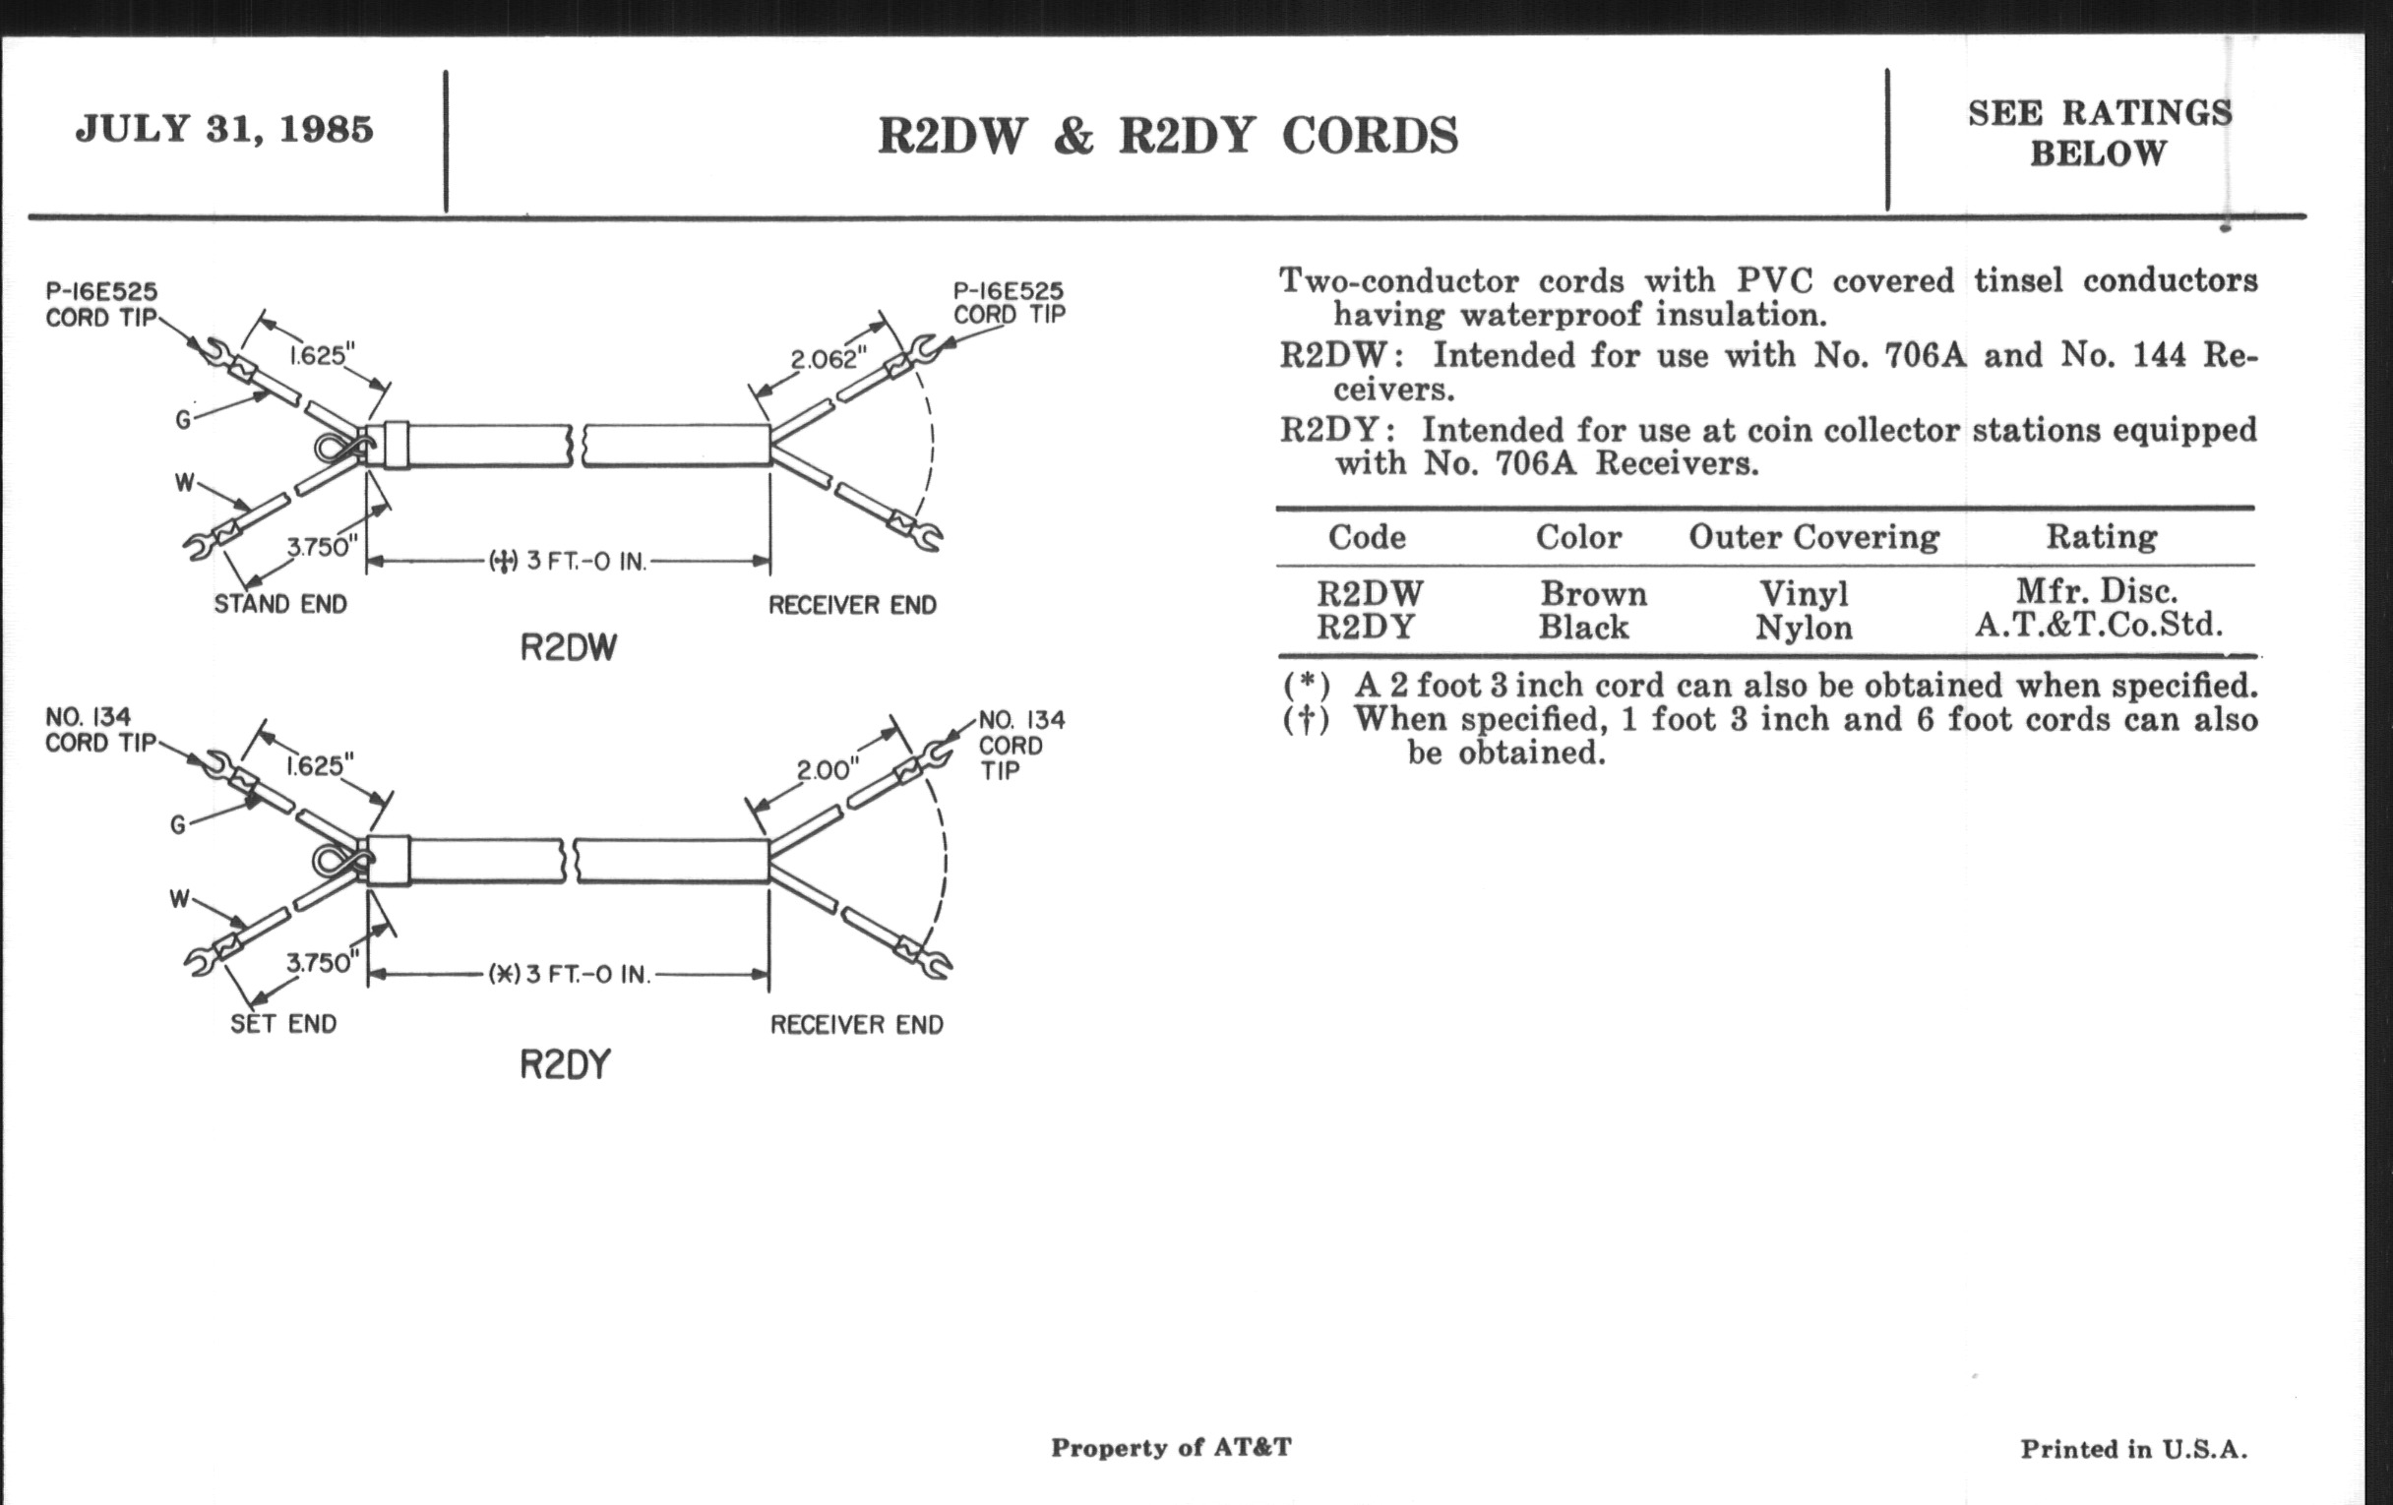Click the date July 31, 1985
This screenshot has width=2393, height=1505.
click(224, 129)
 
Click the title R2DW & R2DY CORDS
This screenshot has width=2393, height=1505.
click(1168, 136)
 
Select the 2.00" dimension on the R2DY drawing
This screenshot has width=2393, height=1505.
click(827, 770)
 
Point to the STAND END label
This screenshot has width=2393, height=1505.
click(280, 604)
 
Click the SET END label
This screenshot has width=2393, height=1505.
click(283, 1023)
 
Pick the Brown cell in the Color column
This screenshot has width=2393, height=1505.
click(1593, 594)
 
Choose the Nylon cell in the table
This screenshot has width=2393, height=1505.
click(1803, 628)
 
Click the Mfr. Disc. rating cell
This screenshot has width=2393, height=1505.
click(2097, 592)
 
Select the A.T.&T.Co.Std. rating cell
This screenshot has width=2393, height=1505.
click(2098, 625)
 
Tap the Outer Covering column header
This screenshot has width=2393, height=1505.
click(1813, 537)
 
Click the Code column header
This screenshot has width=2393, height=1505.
click(1367, 537)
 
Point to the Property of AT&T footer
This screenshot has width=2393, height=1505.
click(1171, 1447)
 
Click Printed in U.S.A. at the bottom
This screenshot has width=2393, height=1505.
click(2133, 1449)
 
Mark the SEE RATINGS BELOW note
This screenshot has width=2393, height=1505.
click(2099, 133)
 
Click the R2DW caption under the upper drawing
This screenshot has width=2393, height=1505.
click(569, 647)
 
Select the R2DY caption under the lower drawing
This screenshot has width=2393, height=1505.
click(566, 1065)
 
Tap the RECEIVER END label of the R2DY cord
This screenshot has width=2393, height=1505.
click(857, 1024)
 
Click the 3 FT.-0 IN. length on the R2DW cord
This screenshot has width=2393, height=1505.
click(585, 562)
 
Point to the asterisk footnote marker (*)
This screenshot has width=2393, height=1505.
click(1306, 686)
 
